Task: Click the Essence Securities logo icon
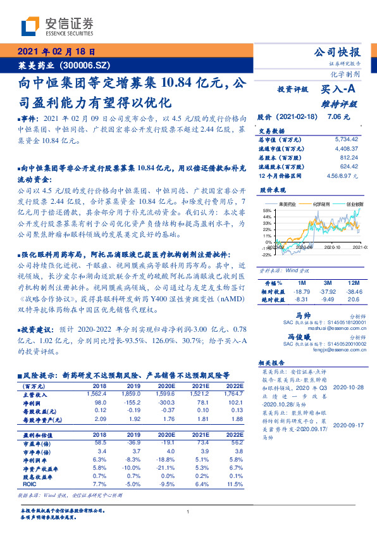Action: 28,26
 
